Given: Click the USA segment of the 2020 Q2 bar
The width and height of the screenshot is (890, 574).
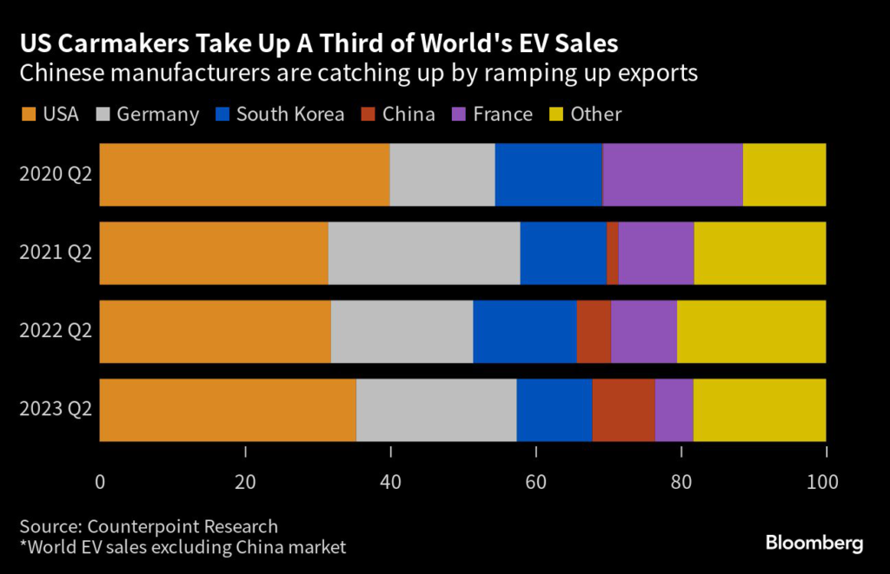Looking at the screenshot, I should (244, 175).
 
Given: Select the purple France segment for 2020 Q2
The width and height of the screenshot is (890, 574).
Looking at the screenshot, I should (672, 175).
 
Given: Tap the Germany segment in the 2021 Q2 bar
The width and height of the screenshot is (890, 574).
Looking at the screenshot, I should (423, 253).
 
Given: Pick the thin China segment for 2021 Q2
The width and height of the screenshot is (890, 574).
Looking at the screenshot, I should (613, 253).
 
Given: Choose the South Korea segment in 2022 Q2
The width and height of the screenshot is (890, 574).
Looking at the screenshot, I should (524, 332).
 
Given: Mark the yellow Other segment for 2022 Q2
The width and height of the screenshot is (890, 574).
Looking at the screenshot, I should (751, 332).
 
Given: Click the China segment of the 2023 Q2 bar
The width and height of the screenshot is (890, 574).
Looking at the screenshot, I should (623, 410).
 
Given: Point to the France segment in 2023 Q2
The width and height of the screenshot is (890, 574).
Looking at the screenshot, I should (674, 410).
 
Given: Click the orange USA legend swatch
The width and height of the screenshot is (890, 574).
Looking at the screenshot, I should (28, 114).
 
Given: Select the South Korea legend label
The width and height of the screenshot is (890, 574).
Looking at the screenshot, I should (289, 114).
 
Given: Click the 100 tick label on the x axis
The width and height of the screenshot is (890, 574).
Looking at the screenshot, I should (823, 480).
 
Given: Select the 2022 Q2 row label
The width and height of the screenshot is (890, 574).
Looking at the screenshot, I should (56, 332).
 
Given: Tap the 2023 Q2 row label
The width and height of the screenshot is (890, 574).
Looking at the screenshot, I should (56, 410).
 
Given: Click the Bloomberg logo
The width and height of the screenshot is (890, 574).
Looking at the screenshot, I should (814, 544).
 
